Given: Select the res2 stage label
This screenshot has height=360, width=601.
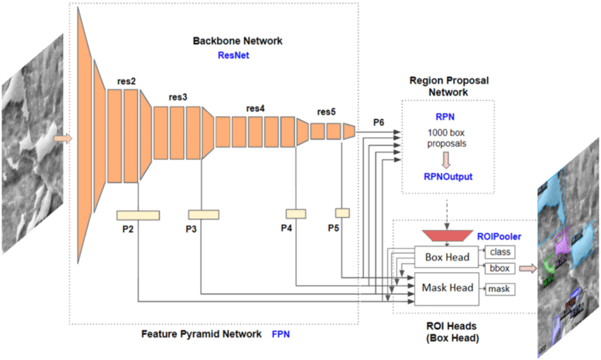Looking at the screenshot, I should [127, 82].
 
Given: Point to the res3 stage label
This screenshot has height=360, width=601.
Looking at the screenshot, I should [177, 97].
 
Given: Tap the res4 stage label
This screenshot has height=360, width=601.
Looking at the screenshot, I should [255, 108].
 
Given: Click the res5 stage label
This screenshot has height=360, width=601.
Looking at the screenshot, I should [326, 112].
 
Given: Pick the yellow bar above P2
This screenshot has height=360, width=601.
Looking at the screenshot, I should [139, 214].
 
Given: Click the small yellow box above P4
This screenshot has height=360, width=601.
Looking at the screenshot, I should [296, 213].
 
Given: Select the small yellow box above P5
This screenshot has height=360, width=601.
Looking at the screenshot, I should [342, 213].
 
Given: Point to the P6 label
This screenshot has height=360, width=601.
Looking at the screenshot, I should [379, 122].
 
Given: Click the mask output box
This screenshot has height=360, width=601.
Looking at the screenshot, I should [499, 289].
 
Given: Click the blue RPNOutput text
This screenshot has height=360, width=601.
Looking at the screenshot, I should [449, 177].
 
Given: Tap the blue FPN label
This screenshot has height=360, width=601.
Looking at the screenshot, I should [281, 332].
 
